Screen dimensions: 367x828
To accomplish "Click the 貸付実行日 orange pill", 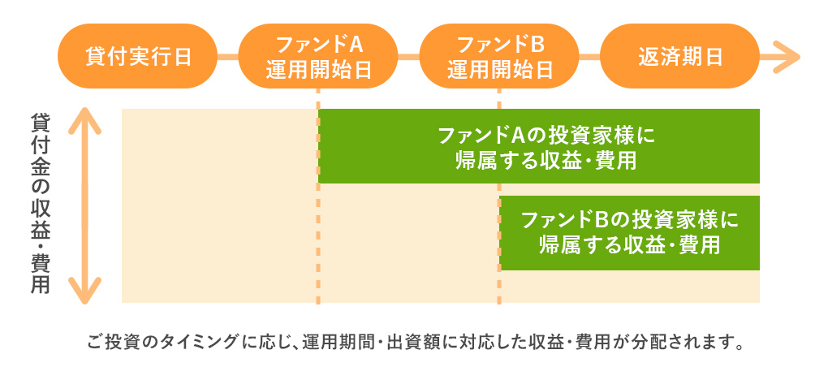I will (138, 56).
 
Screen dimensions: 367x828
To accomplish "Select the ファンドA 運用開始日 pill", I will (319, 56).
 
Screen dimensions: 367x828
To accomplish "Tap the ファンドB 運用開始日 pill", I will (499, 56).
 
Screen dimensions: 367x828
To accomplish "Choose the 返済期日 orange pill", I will (680, 56).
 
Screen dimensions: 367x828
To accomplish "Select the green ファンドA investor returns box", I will (539, 146).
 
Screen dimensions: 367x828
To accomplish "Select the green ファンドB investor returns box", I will (630, 232).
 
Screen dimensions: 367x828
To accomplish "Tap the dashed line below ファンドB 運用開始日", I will (499, 284).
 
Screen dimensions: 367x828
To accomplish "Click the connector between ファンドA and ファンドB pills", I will (409, 57).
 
